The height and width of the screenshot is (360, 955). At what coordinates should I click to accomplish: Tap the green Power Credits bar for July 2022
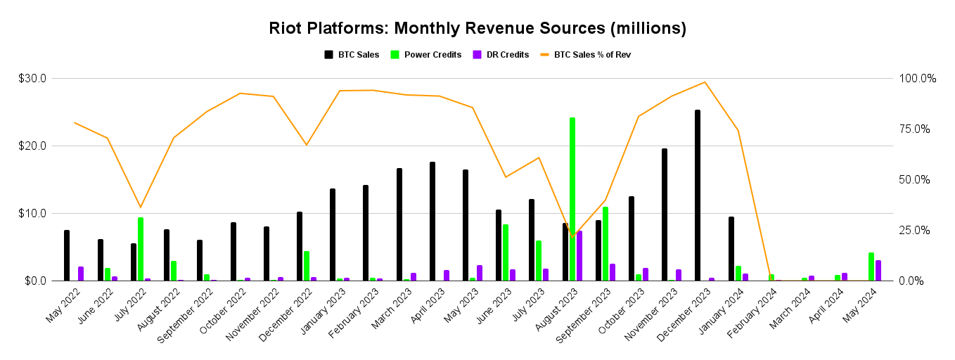coord(141,249)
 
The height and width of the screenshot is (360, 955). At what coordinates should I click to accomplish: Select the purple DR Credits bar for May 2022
coord(81,274)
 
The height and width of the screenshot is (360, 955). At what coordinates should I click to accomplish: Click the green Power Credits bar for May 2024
coord(871,266)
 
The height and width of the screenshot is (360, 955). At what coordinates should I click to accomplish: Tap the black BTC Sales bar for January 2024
coord(731,249)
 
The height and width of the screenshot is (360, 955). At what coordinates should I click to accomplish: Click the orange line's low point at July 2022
coord(141,207)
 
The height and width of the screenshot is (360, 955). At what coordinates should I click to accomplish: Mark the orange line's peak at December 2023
coord(705,82)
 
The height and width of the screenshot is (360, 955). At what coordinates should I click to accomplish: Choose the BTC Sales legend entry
coord(352,54)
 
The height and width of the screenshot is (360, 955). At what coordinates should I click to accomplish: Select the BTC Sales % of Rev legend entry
coord(584,54)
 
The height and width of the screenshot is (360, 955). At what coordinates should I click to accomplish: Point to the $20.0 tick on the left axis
coord(32,146)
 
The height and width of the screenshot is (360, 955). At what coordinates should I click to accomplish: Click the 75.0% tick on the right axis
coord(918,129)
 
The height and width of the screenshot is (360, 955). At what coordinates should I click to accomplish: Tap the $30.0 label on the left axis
coord(32,79)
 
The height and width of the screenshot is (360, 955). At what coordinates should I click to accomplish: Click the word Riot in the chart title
coord(285,29)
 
